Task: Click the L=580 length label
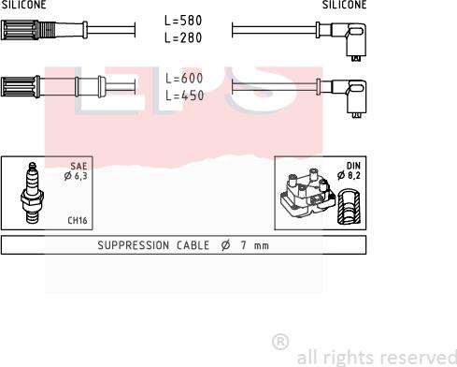tap(183, 21)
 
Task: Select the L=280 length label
tap(183, 37)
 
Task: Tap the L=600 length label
tap(184, 79)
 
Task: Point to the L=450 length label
tap(185, 95)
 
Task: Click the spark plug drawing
tap(32, 193)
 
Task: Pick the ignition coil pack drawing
tap(307, 195)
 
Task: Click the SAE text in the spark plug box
tap(79, 166)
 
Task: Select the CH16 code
tap(78, 220)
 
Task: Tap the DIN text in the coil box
tap(353, 166)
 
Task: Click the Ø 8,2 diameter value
tap(349, 175)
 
